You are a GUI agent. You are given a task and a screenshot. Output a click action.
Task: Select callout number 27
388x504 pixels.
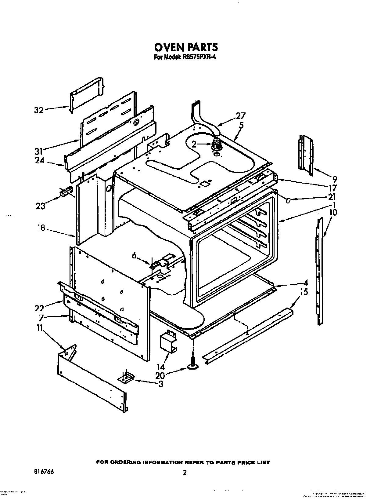(241, 116)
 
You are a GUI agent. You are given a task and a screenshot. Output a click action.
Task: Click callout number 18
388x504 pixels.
(41, 228)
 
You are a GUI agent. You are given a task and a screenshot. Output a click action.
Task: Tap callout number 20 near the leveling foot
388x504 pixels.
(160, 375)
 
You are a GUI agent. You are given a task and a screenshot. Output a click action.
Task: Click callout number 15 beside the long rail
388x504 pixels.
(304, 292)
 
